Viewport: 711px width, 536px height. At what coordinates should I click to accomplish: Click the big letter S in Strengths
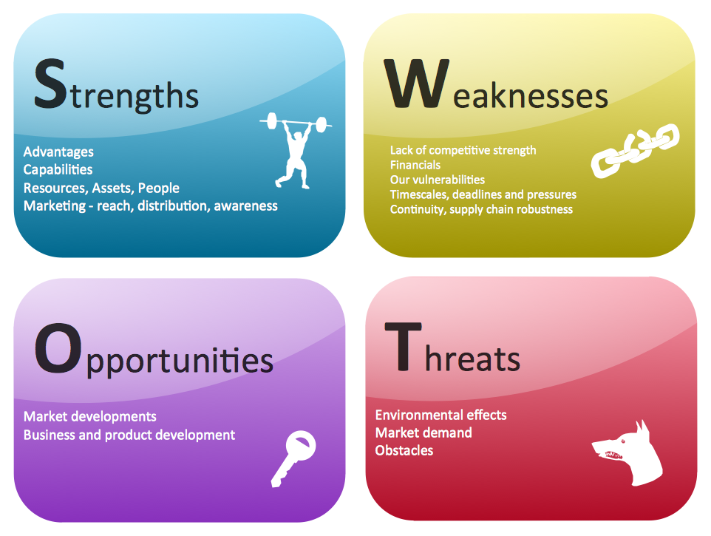[x=50, y=84]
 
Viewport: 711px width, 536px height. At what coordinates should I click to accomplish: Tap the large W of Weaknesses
[x=417, y=84]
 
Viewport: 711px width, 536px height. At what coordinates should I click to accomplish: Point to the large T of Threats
[x=403, y=347]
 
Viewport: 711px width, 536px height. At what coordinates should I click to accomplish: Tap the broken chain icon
[x=636, y=150]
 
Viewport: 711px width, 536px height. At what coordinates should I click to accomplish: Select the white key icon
[x=293, y=458]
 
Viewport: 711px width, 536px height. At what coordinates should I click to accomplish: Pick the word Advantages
[x=58, y=152]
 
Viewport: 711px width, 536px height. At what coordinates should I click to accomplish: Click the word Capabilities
[x=58, y=170]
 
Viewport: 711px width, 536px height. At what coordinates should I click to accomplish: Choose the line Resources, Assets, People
[x=101, y=189]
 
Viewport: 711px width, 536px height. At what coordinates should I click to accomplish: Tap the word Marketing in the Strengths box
[x=55, y=206]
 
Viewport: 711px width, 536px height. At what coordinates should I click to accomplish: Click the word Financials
[x=415, y=165]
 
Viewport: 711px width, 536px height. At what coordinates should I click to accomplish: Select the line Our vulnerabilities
[x=438, y=180]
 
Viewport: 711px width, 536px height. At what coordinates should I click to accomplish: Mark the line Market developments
[x=89, y=417]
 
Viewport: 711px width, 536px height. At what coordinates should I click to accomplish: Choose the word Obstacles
[x=404, y=450]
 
